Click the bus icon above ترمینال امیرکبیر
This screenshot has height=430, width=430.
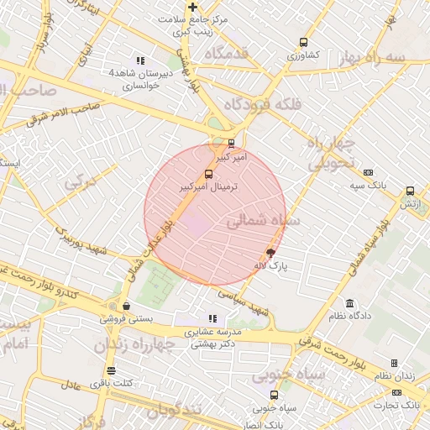tap(208, 175)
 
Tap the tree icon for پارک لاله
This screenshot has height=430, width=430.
tap(270, 252)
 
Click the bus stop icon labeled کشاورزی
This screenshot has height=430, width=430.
tap(303, 43)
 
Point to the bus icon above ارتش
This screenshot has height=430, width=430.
tap(410, 191)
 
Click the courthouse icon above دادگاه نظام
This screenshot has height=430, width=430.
tap(349, 303)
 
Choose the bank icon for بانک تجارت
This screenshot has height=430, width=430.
tap(396, 392)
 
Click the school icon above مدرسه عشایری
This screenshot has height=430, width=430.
tap(212, 318)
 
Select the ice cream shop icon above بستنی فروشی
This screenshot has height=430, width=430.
tap(126, 307)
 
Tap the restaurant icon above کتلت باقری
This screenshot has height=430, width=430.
tap(111, 370)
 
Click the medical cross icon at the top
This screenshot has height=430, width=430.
tap(192, 8)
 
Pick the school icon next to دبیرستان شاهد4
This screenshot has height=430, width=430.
tap(140, 60)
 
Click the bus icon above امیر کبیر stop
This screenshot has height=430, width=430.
tap(232, 143)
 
